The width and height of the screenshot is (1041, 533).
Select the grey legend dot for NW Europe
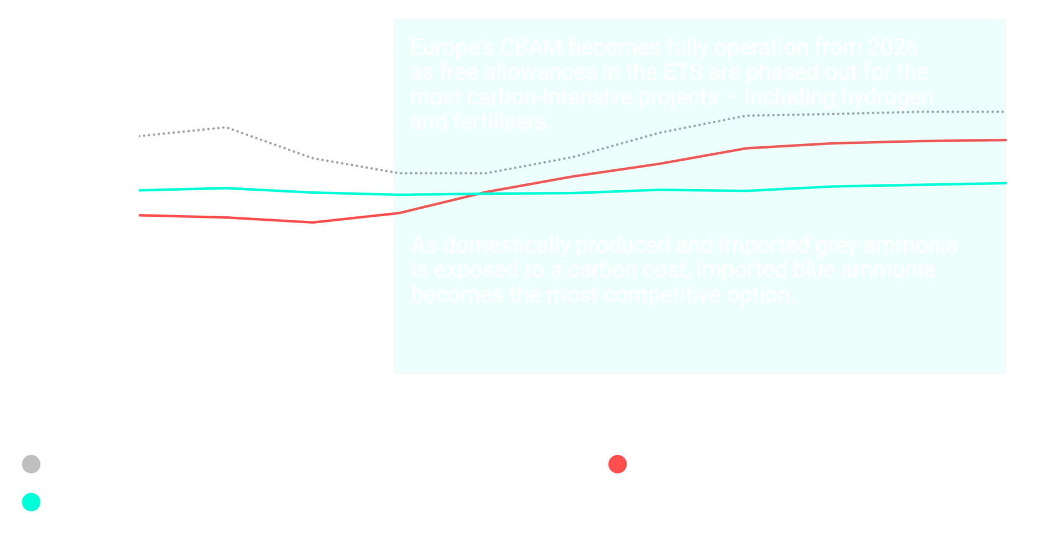[x=31, y=464]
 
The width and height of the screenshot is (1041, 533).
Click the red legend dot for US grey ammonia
[x=618, y=464]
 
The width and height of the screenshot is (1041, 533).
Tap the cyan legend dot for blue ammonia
[x=31, y=502]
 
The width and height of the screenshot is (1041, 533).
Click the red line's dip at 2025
[x=313, y=222]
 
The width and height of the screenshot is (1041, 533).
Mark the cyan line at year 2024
[x=226, y=188]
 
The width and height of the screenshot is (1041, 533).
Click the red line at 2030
[x=746, y=149]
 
